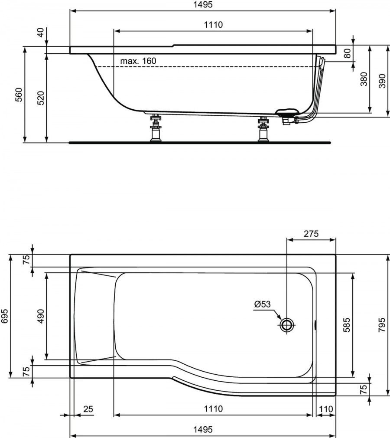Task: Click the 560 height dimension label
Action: pos(19,95)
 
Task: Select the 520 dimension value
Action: pos(41,98)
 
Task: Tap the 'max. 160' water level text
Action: pos(138,61)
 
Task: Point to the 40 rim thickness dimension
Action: pos(41,33)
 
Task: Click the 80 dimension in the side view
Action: pos(347,53)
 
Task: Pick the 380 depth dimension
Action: pos(364,79)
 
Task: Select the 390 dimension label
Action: pos(382,81)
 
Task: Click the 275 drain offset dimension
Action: pos(311,233)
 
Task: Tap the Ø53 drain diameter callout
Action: pos(263,304)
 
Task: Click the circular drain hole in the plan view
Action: pos(287,325)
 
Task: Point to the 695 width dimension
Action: pos(5,316)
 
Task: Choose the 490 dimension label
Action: pos(41,316)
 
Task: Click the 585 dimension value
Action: pos(346,324)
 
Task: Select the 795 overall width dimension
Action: pos(382,324)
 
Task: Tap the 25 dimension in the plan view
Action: pos(88,409)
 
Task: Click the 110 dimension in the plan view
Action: pos(326,409)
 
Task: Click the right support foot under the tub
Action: pos(263,129)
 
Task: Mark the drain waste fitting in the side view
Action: pos(288,116)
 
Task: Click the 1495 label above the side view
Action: pos(203,4)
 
